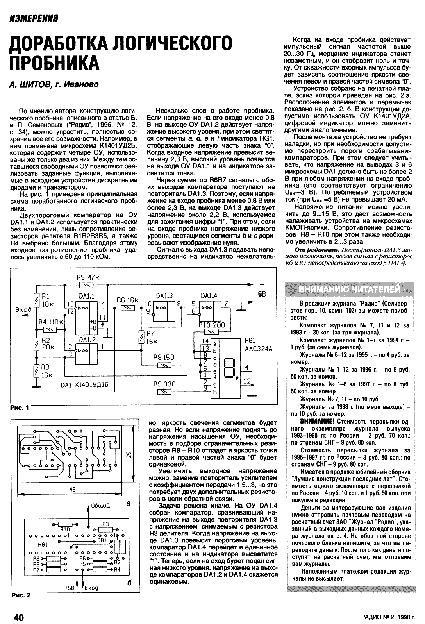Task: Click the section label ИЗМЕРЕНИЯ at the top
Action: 34,18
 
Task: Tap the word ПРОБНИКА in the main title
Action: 54,63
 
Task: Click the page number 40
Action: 19,617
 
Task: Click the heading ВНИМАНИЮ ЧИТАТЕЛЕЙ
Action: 349,289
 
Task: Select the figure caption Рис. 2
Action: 20,595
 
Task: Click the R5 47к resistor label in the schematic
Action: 88,277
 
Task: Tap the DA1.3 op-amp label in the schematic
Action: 164,296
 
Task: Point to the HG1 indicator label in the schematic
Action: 249,340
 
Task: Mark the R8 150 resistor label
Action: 164,358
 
